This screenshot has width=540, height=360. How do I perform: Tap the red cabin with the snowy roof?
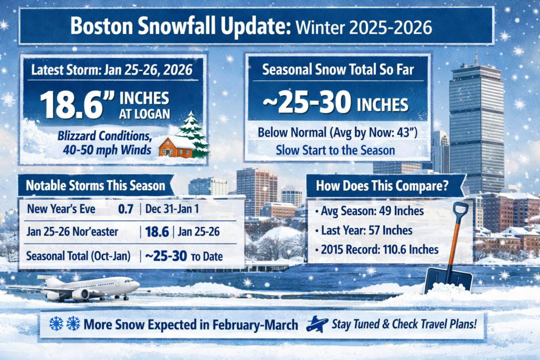pyautogui.click(x=176, y=147)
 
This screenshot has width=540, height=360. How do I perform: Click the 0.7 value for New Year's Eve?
pyautogui.click(x=126, y=209)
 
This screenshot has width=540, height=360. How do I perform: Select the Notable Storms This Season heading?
pyautogui.click(x=95, y=186)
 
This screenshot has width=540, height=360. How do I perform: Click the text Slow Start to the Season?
pyautogui.click(x=335, y=150)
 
